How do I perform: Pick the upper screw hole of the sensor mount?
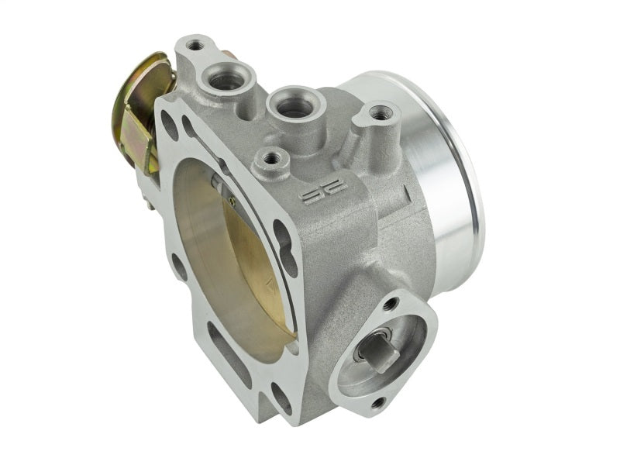pos(390,305)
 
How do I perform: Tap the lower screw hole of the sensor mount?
pos(377,403)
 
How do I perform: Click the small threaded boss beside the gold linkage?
pos(195,46)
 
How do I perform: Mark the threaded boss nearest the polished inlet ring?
pos(378,114)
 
